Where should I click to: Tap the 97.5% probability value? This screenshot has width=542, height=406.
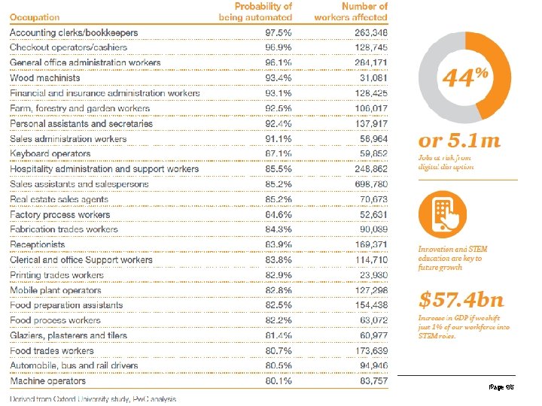(x=279, y=32)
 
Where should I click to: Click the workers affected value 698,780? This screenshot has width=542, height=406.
(x=371, y=184)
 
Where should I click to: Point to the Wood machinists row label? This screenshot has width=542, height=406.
(x=44, y=78)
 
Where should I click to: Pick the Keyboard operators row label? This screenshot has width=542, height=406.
(x=50, y=154)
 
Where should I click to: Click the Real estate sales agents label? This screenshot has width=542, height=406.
(x=59, y=199)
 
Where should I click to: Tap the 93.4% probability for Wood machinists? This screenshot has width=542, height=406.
(x=279, y=78)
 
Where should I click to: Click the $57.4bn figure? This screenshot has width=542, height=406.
(x=461, y=300)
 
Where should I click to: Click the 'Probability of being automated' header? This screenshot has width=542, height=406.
(x=256, y=11)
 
